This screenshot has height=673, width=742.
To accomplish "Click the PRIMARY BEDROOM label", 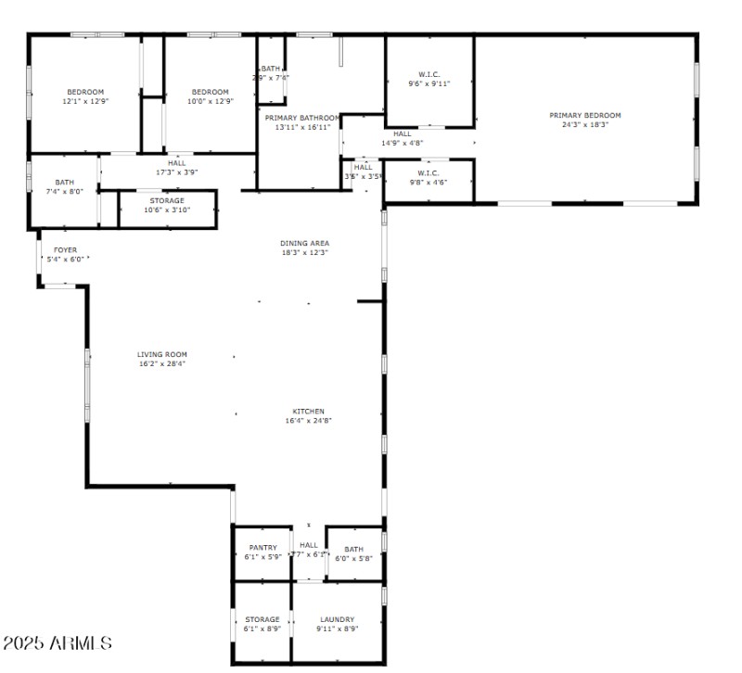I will coord(584,115).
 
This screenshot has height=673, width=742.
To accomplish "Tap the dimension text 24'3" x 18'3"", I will coord(584,125).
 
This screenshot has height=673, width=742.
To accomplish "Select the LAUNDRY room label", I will coord(338,619).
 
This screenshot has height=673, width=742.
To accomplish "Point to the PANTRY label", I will coord(262,548).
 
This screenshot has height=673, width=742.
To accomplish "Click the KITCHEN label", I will coord(309,411).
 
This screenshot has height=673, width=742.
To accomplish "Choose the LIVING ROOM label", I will coord(162,354).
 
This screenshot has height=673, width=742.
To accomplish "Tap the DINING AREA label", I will coord(305,243).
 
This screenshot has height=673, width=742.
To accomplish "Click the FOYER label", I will coord(65,249).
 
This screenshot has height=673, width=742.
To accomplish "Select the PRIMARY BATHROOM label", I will coord(302,118).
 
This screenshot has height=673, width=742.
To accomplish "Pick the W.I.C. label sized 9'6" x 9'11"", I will coord(429,73).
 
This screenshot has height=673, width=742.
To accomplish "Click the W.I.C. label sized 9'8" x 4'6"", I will coord(428,172).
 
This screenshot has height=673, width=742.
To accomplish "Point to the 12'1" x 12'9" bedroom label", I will coord(84,92).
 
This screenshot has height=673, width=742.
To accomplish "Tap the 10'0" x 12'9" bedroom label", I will coord(211,92).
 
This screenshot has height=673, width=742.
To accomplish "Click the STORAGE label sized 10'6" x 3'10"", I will coord(167,200).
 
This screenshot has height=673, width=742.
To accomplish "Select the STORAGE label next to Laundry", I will coord(262,619).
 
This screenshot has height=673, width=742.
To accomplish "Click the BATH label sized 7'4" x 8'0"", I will coord(64,183).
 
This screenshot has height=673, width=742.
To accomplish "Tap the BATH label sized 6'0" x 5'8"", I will coord(353,549).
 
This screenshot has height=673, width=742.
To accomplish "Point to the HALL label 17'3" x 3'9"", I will coord(176,162).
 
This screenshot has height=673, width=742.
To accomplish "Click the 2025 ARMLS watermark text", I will coord(58,642).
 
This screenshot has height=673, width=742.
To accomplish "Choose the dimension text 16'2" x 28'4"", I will coord(162,364).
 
